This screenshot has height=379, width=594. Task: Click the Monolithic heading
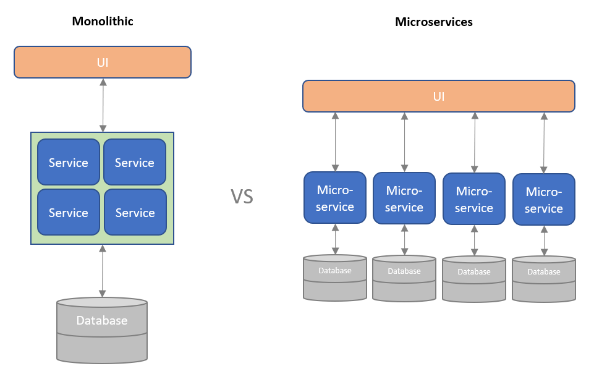103,21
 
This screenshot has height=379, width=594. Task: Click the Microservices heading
433,22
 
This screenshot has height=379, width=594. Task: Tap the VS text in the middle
242,197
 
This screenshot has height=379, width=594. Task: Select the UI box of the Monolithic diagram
103,62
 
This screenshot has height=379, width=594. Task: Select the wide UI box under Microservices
439,96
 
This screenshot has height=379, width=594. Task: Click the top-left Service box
69,163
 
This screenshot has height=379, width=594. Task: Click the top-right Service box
135,163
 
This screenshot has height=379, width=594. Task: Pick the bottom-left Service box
69,213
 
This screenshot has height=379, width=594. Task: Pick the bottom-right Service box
135,213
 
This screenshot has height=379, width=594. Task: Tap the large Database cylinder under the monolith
102,330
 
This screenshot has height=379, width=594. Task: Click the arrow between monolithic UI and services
103,105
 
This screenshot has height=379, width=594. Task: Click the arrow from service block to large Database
103,271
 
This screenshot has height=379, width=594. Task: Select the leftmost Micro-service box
335,198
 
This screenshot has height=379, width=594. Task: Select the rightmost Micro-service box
544,200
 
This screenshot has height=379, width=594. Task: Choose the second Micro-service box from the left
404,198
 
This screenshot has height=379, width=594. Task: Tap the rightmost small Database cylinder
544,279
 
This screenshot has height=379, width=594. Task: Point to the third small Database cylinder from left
474,279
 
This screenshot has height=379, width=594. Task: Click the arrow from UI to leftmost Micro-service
335,142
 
